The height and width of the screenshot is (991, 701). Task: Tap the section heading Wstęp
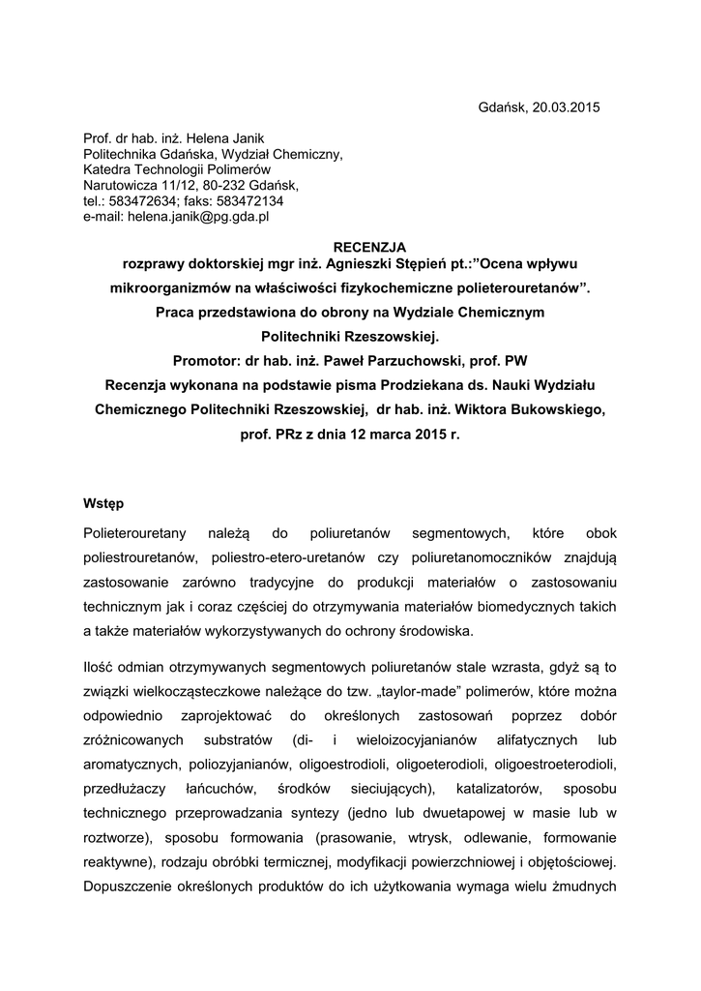pyautogui.click(x=104, y=503)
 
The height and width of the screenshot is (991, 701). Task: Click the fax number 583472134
pyautogui.click(x=249, y=201)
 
